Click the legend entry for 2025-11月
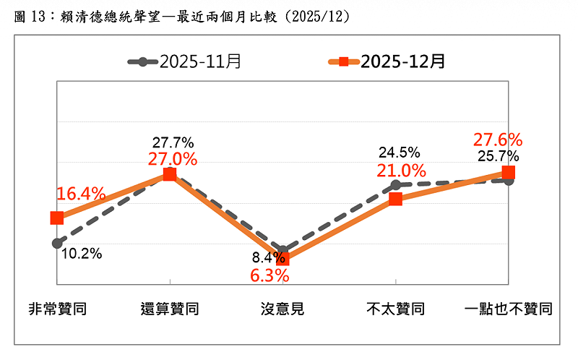[x=184, y=61]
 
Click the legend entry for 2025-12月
[x=387, y=61]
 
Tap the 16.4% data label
[x=81, y=194]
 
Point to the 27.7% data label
[x=172, y=143]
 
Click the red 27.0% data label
[x=172, y=159]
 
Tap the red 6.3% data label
[x=269, y=275]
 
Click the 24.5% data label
[x=400, y=153]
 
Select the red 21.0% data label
[x=401, y=171]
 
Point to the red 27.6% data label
[x=498, y=140]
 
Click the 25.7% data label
[x=498, y=155]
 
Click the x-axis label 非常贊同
[x=57, y=309]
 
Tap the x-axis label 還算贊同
[x=170, y=309]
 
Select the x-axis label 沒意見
[x=282, y=309]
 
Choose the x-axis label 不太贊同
[x=395, y=309]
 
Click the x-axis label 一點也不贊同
[x=508, y=309]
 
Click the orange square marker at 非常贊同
[x=57, y=218]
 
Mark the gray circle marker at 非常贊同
[x=57, y=243]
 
